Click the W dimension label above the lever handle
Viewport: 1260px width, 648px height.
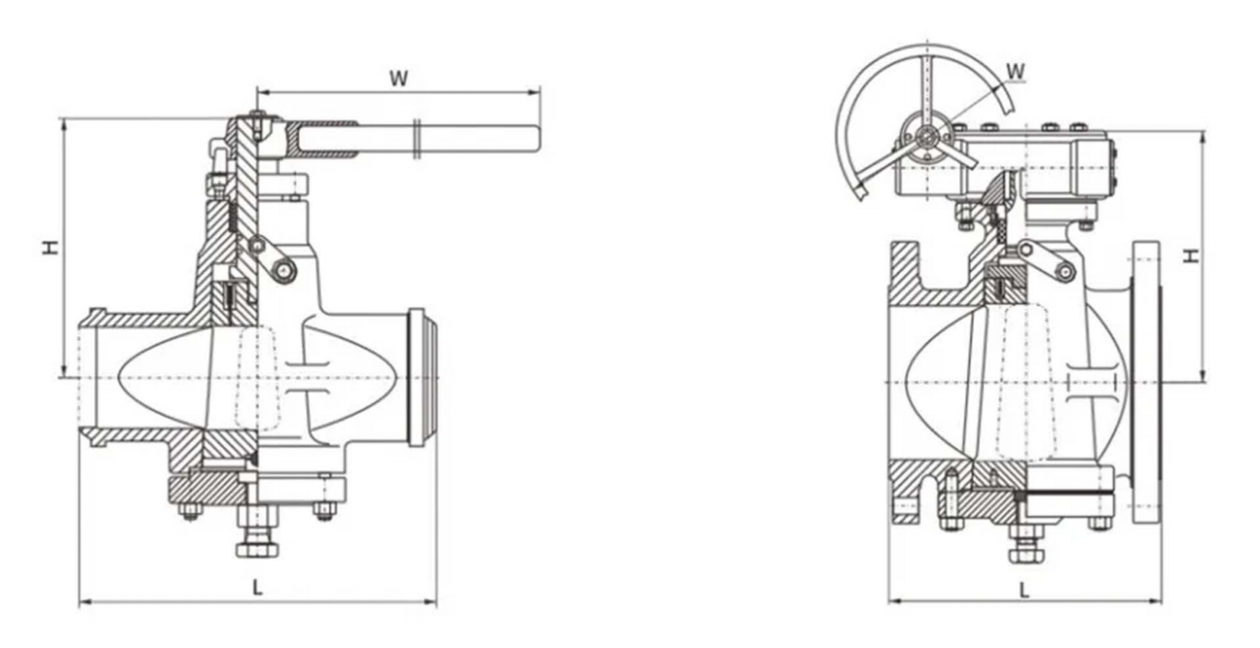click(x=398, y=78)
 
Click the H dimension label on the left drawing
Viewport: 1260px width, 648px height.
click(x=51, y=246)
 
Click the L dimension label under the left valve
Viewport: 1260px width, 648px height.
click(x=257, y=587)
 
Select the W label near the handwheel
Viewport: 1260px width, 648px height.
click(x=1016, y=71)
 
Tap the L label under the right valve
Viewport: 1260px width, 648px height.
click(x=1024, y=588)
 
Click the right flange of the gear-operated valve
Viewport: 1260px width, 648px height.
click(x=1147, y=382)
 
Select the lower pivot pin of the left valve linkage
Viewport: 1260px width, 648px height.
click(x=285, y=271)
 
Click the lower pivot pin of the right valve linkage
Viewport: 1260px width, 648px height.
click(x=1064, y=271)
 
